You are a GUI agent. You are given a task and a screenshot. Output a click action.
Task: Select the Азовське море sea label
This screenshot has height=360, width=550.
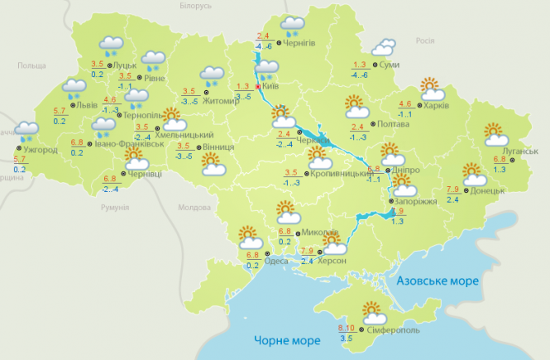point(438,281)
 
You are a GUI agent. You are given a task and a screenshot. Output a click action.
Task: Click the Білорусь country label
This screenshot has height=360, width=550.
point(195,6)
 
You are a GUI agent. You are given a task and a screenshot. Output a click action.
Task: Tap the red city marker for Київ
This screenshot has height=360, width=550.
point(258,86)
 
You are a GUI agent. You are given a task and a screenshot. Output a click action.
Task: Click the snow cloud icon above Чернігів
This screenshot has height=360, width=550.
point(292,25)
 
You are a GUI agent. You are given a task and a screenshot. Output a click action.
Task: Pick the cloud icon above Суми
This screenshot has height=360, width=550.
point(383,47)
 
